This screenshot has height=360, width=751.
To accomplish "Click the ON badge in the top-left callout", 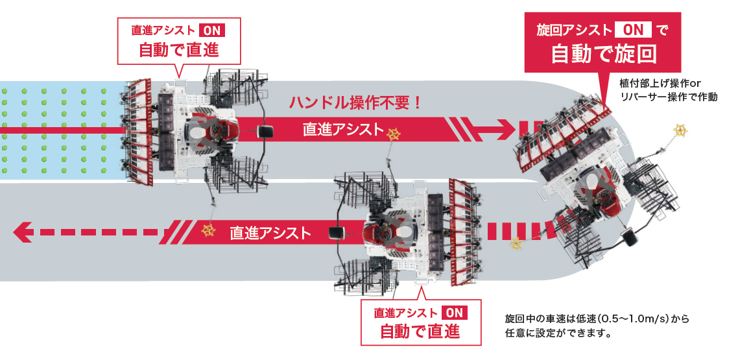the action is [211, 30].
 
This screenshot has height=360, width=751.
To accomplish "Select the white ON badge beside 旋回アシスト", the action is [633, 30].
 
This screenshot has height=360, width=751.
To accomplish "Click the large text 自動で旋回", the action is [603, 54].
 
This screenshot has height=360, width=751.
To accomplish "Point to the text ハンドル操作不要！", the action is [355, 103].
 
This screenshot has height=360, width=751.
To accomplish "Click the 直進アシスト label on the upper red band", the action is [344, 129].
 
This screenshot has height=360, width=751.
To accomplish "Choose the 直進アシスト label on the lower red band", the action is [270, 233].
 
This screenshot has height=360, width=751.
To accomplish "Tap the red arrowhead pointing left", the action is [23, 232].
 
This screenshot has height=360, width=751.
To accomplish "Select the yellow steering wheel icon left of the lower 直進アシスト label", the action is [208, 230].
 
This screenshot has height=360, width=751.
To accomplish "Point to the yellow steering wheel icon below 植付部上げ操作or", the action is [680, 129].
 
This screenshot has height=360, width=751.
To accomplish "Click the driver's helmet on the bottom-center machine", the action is [406, 233].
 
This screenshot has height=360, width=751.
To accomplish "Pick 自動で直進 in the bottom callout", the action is [420, 331].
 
